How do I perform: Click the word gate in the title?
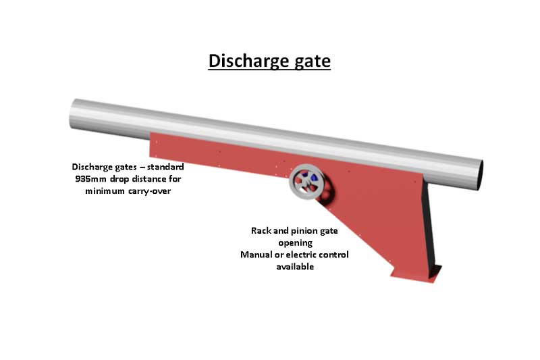point(311,61)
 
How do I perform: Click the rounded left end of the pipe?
point(73,116)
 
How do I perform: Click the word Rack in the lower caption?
point(261,231)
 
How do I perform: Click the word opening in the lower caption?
point(295,242)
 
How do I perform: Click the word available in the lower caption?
point(295,267)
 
